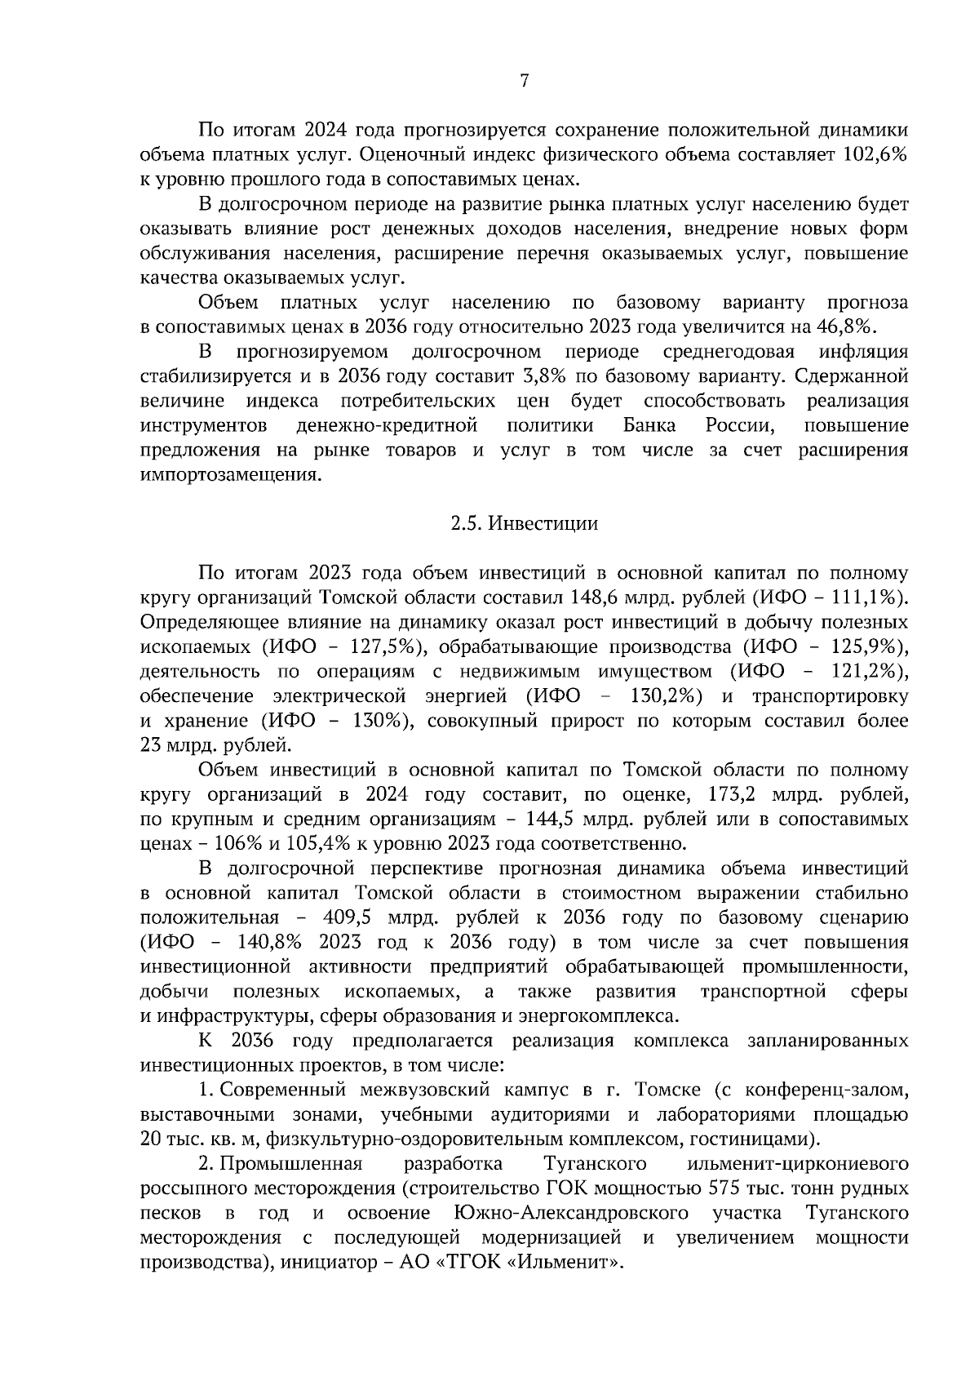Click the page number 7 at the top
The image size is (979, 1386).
[524, 81]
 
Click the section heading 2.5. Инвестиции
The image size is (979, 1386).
[524, 524]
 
